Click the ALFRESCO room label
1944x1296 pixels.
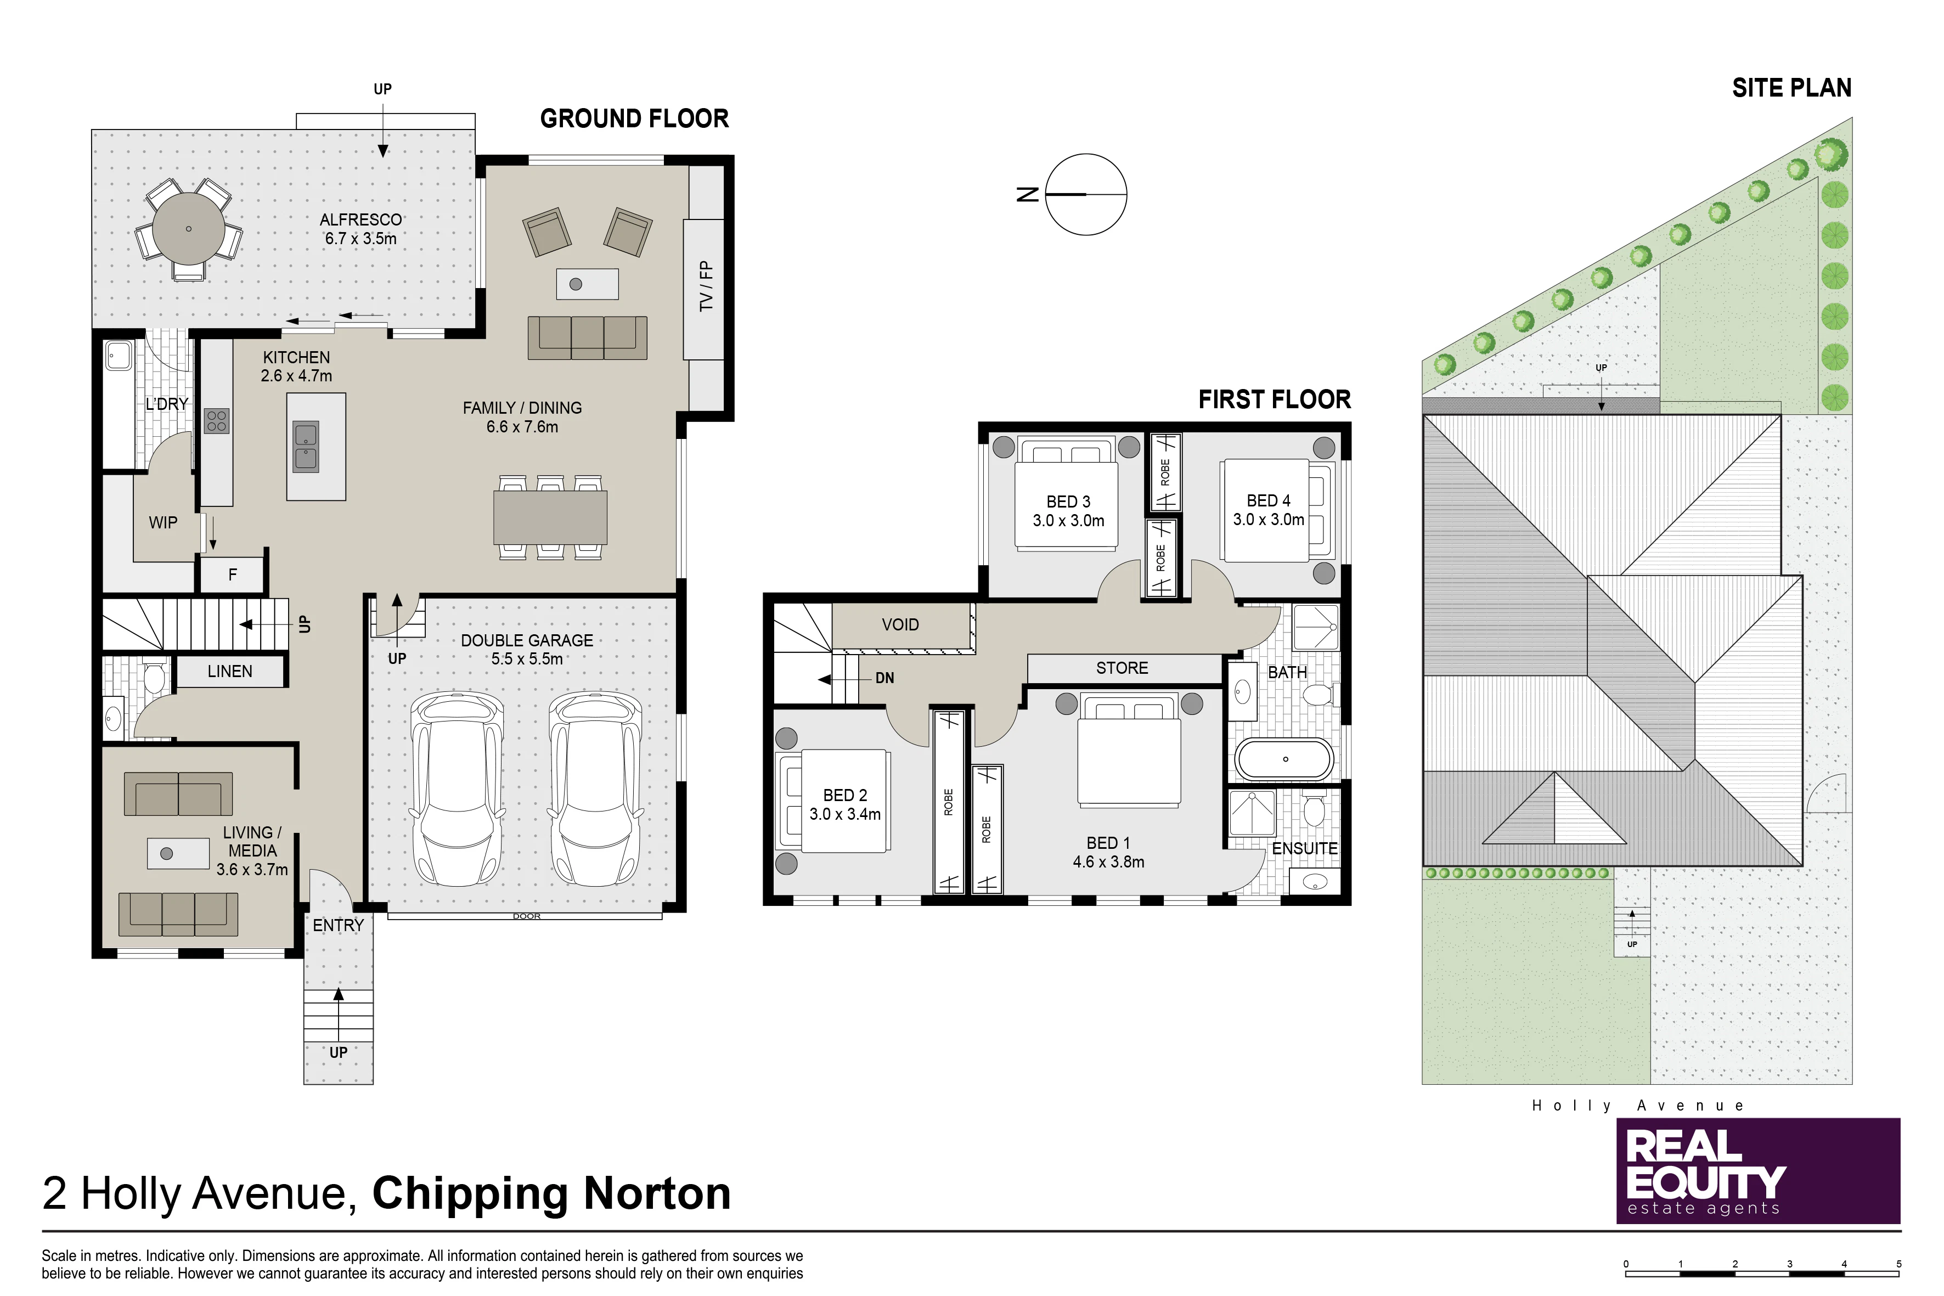coord(361,220)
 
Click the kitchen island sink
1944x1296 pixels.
coord(306,447)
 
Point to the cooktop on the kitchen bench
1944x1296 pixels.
coord(217,421)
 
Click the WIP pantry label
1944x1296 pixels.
coord(163,522)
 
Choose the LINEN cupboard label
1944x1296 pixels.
coord(230,671)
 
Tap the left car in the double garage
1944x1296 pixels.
coord(458,790)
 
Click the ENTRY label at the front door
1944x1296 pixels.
coord(338,926)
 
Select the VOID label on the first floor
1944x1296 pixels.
coord(900,625)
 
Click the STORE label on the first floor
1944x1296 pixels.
coord(1122,668)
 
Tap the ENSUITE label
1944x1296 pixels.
coord(1304,849)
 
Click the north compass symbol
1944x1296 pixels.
coord(1085,194)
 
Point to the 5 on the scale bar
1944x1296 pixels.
coord(1898,1264)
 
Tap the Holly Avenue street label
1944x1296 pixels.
coord(1637,1106)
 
